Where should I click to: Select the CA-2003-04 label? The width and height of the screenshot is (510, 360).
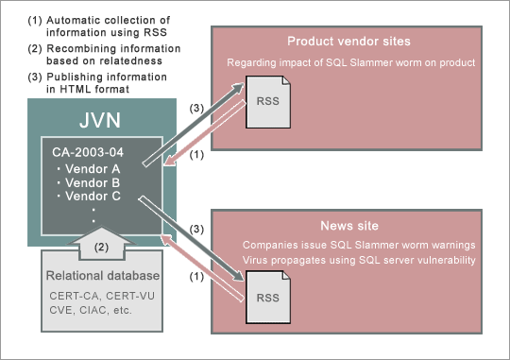click(88, 150)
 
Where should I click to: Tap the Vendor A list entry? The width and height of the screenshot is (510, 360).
click(93, 167)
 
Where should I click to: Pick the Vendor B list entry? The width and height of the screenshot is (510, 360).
click(93, 181)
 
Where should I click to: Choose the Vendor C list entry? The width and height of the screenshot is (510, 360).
click(93, 196)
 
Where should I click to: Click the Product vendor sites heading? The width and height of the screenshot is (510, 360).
click(349, 43)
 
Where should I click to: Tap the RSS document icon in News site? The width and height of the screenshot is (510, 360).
click(266, 297)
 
